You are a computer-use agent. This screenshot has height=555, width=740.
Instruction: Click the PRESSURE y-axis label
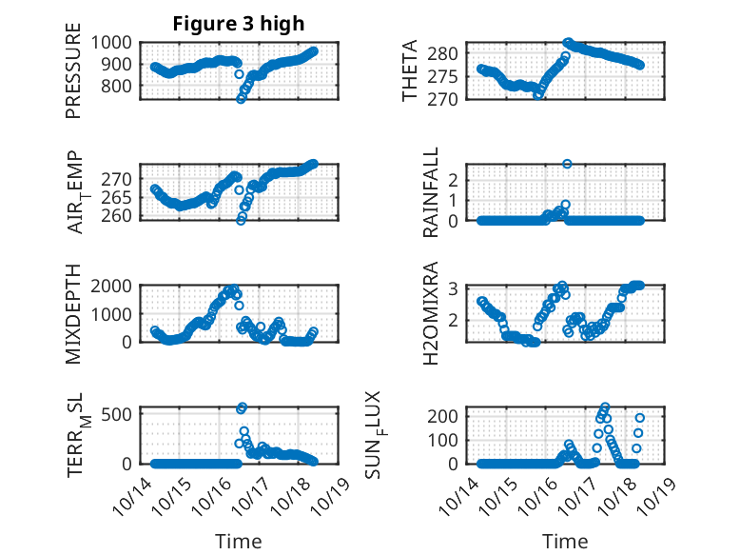73,77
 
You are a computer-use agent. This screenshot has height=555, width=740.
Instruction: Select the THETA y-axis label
411,71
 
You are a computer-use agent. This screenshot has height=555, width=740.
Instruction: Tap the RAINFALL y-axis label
431,192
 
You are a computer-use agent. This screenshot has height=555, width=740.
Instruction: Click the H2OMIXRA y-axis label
431,313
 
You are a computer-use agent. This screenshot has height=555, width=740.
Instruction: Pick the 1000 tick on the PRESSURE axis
114,42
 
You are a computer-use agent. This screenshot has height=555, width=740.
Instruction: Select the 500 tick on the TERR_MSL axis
121,414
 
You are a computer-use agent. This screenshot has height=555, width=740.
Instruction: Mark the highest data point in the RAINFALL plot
567,164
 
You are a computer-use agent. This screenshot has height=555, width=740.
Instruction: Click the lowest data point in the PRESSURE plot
241,99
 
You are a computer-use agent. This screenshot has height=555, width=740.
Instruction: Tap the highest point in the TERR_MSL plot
242,407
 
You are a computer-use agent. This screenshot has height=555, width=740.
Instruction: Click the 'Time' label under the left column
239,542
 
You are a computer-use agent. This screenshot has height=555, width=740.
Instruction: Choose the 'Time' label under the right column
565,542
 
